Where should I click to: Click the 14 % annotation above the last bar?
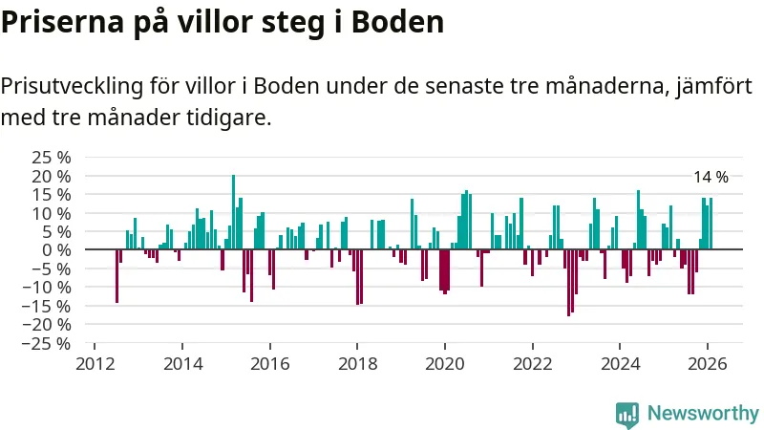point(710,177)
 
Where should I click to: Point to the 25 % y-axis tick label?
point(51,158)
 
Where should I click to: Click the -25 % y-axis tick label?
point(47,342)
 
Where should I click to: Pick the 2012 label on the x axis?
point(95,364)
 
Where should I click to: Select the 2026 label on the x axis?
point(708,364)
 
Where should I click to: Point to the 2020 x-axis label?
point(445,364)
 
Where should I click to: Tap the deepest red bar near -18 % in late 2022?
point(568,282)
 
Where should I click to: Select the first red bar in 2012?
point(117,275)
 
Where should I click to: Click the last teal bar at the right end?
point(711,224)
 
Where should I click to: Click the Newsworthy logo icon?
point(626,413)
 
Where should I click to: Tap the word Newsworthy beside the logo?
point(703,413)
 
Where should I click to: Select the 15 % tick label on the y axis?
point(51,194)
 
